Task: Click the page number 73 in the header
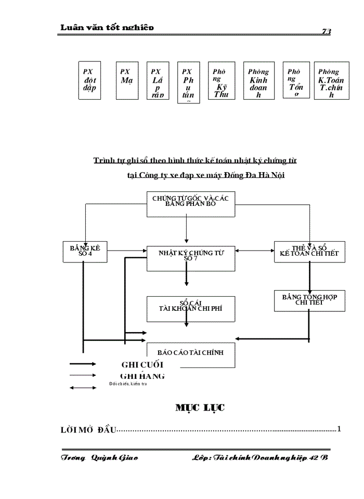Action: [327, 32]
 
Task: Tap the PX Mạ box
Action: [126, 81]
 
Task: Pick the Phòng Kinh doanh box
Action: [258, 81]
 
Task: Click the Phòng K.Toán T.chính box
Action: [331, 81]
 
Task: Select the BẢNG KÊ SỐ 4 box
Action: [85, 252]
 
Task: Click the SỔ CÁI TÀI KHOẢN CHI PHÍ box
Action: [191, 309]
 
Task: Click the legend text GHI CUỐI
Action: [142, 364]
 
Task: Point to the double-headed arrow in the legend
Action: [83, 387]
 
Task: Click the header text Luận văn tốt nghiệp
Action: [107, 28]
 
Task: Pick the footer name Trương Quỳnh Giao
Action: [99, 457]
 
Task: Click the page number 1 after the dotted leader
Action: [339, 429]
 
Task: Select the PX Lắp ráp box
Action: [158, 81]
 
